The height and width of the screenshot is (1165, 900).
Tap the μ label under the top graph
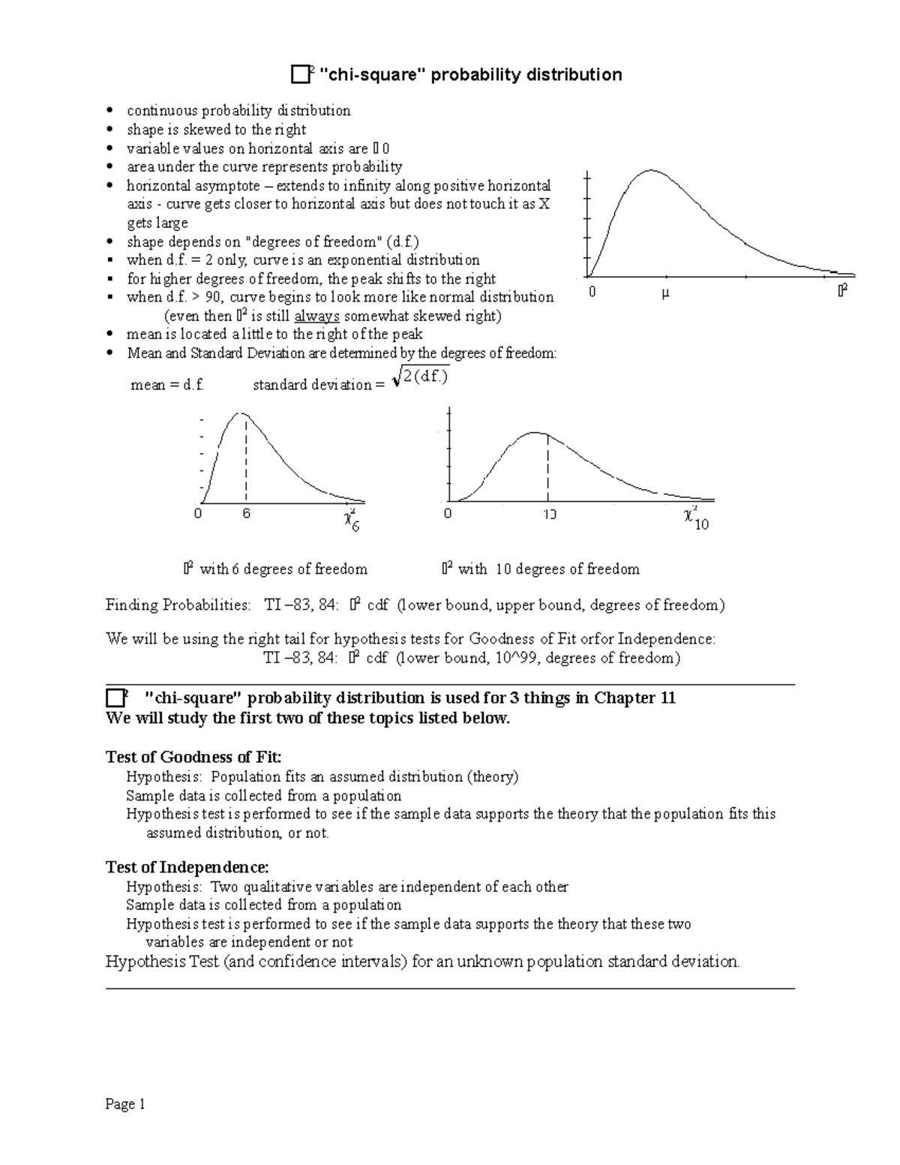pos(664,293)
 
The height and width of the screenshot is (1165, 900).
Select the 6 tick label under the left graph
pos(246,514)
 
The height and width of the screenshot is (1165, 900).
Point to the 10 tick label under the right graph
pos(549,515)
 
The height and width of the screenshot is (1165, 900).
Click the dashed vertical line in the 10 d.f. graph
pos(547,469)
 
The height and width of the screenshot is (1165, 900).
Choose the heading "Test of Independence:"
pos(187,867)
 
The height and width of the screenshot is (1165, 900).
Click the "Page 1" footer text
pos(125,1104)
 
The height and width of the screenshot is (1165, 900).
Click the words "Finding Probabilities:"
pos(178,605)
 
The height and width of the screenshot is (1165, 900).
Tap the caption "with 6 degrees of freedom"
pos(283,569)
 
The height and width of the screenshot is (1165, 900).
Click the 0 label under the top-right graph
pos(592,292)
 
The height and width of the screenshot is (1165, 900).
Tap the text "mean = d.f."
pos(167,385)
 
